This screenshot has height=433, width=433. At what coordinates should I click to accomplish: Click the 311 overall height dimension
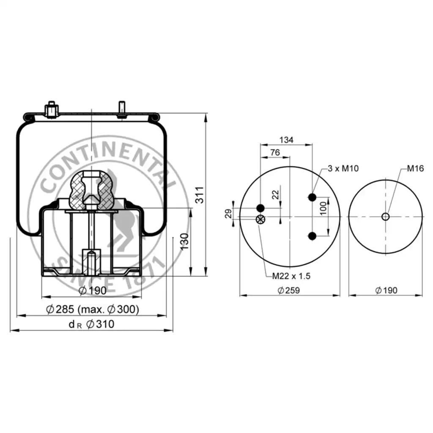(x=200, y=195)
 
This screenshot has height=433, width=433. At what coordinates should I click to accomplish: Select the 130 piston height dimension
(x=184, y=241)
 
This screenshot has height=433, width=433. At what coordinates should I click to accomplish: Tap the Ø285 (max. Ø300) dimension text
(x=93, y=309)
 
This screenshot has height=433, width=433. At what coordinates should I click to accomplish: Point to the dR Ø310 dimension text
(x=91, y=324)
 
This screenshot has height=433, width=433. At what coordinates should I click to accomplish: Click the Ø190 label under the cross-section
(x=93, y=290)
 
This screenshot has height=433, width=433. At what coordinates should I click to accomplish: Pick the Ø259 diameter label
(x=288, y=290)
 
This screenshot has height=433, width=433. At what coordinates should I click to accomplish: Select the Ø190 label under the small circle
(x=386, y=290)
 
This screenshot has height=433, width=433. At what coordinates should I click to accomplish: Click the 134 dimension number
(x=286, y=140)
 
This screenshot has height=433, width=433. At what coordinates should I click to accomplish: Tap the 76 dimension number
(x=275, y=152)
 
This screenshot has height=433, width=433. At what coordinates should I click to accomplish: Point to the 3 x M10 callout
(x=343, y=168)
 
